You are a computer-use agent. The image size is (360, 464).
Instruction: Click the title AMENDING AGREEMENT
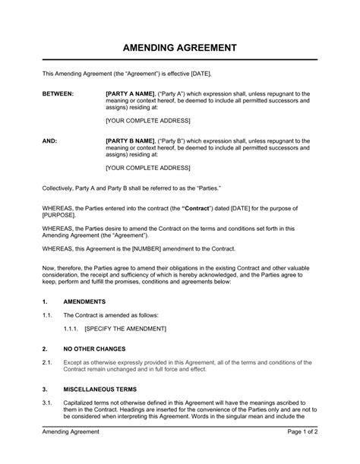point(180,48)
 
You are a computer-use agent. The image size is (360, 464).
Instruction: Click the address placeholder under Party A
point(147,121)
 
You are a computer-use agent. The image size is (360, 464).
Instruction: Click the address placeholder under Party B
point(147,169)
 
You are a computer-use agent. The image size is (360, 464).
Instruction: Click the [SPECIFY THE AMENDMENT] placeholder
point(125,328)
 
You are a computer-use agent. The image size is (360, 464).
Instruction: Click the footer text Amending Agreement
point(72,453)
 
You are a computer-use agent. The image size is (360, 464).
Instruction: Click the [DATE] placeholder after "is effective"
point(199,73)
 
